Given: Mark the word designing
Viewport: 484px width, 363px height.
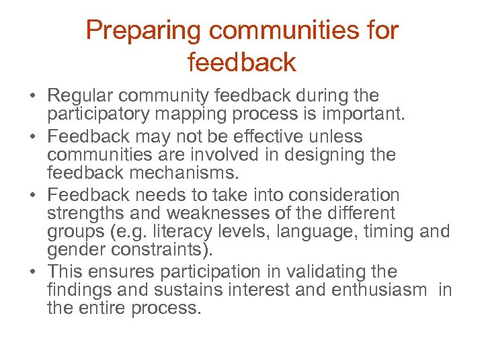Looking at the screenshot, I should pos(318,155).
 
